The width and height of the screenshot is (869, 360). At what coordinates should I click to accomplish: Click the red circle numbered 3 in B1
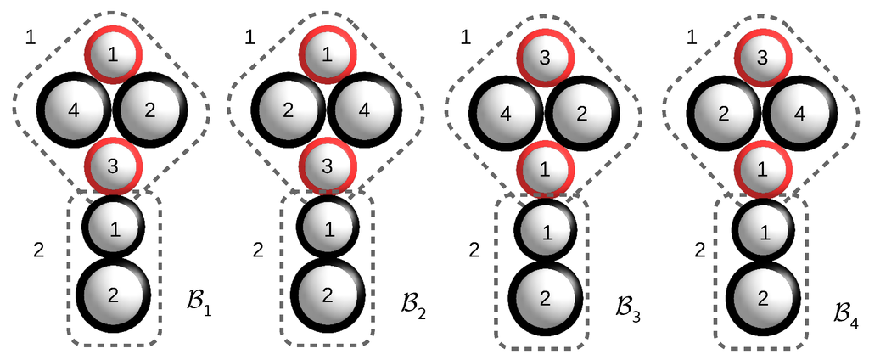tap(113, 166)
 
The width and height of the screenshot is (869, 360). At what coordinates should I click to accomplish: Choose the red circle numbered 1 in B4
tap(762, 170)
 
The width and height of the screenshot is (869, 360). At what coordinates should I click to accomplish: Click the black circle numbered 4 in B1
tap(74, 110)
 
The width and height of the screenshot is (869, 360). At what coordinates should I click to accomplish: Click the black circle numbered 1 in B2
tap(328, 228)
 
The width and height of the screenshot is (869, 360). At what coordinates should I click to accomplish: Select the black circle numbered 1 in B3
tap(546, 231)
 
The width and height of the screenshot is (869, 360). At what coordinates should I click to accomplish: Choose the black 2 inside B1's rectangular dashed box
tap(113, 295)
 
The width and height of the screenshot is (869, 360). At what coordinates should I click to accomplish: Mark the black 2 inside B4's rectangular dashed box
tap(762, 298)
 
